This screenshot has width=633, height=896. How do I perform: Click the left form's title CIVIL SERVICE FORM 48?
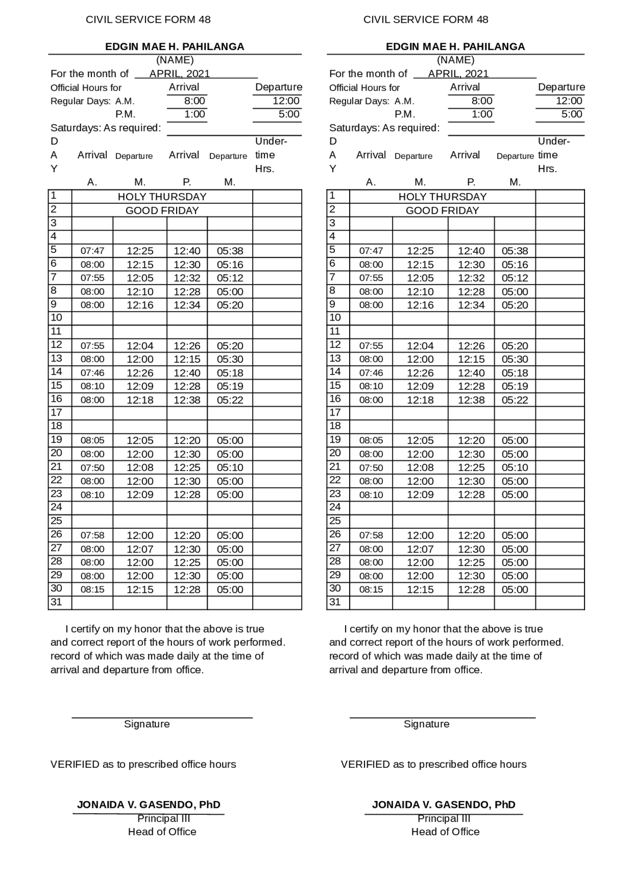click(148, 19)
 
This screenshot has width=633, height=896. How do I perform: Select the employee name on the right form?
click(455, 47)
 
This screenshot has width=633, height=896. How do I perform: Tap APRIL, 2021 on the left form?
click(180, 74)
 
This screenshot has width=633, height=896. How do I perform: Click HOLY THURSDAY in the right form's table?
click(442, 196)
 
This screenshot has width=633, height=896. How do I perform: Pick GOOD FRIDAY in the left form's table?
click(162, 210)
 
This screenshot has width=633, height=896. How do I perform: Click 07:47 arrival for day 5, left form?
click(92, 251)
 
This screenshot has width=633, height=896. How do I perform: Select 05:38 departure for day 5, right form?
click(514, 251)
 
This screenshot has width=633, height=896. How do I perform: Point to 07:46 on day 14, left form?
click(92, 373)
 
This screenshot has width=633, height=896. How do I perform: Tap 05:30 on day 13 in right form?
click(514, 359)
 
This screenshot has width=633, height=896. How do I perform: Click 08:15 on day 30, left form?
click(92, 589)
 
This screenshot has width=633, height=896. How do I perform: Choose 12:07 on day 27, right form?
click(420, 549)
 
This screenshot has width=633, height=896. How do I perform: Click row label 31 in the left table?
click(56, 602)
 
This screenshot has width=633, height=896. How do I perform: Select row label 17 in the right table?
click(335, 412)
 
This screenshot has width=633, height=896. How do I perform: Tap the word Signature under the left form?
click(147, 724)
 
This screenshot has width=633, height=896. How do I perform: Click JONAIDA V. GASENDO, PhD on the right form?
click(444, 804)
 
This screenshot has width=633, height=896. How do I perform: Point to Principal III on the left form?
click(163, 818)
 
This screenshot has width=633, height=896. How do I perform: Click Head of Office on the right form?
click(445, 832)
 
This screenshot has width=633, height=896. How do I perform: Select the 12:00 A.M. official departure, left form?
click(286, 101)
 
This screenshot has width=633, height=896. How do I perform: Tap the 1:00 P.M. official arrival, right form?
click(482, 114)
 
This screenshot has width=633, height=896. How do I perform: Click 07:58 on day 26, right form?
click(371, 535)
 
